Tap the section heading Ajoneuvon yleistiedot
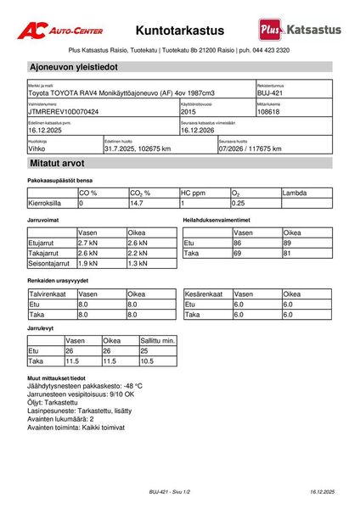pos(73,66)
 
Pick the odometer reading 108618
pos(268,111)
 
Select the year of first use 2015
pos(188,111)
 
